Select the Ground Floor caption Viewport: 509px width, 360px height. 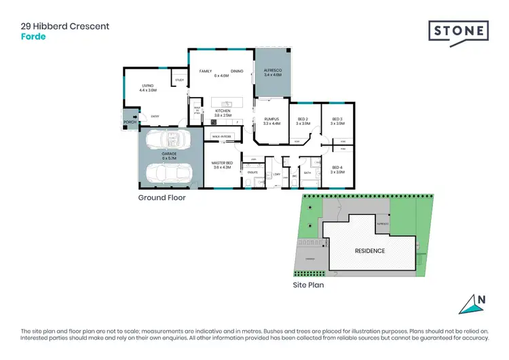coord(162,198)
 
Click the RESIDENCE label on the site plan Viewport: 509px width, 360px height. coord(370,251)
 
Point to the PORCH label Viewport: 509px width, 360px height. coord(129,122)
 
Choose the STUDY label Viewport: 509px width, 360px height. coord(180,80)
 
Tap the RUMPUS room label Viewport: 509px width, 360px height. coord(271,120)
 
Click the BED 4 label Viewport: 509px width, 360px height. coord(337,168)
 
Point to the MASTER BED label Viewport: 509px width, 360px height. coord(222,163)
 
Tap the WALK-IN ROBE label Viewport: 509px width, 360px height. coord(221,137)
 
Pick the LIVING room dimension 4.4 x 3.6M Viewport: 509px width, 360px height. coord(148,90)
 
